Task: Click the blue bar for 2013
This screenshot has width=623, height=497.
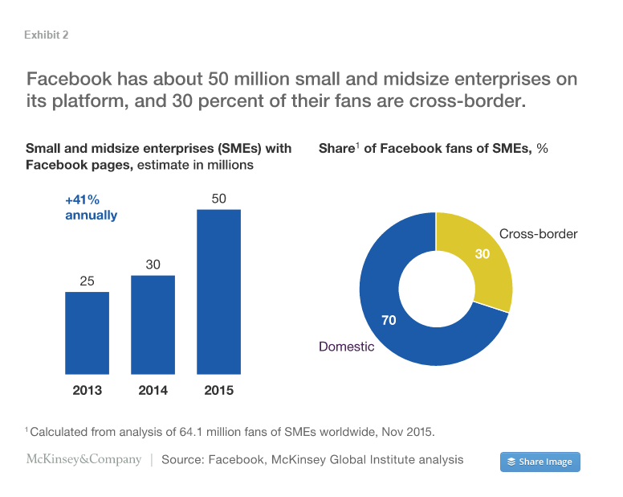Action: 87,332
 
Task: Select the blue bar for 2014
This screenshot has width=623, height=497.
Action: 153,324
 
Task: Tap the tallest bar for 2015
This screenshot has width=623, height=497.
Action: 218,291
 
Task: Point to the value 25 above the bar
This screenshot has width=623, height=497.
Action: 87,281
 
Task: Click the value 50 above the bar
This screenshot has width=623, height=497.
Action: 218,198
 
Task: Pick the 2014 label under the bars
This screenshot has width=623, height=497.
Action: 153,391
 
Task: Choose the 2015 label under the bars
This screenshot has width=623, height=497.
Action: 218,391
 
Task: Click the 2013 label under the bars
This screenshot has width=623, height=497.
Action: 87,391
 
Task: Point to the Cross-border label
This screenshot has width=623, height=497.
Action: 538,234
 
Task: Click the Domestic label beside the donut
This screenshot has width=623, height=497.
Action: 346,347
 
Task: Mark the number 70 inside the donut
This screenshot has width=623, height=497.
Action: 389,320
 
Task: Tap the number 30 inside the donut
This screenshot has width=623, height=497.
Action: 483,254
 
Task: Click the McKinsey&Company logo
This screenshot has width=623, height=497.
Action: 83,460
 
